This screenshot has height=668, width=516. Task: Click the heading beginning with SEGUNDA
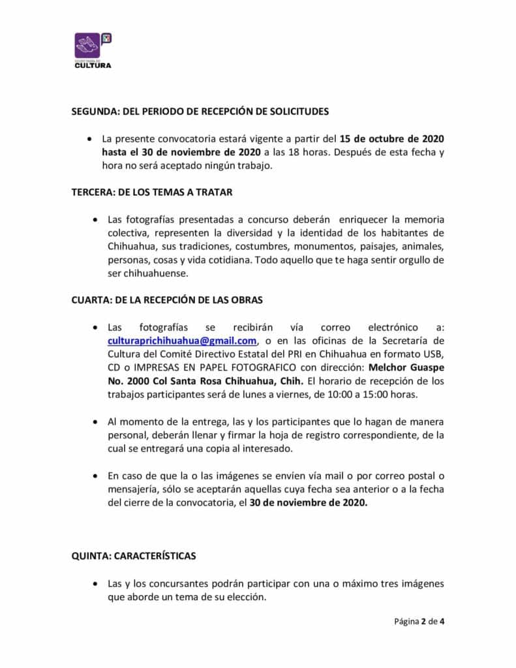[200, 112]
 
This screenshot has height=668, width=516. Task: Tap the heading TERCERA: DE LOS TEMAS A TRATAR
[152, 193]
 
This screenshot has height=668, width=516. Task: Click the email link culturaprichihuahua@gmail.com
[182, 341]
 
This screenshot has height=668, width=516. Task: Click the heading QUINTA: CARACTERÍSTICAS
[134, 556]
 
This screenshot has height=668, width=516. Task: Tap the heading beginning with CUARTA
[166, 301]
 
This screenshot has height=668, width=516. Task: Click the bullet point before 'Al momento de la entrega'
[95, 422]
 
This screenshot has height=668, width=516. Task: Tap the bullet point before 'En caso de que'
[95, 476]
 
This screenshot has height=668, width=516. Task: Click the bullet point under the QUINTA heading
[95, 584]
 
